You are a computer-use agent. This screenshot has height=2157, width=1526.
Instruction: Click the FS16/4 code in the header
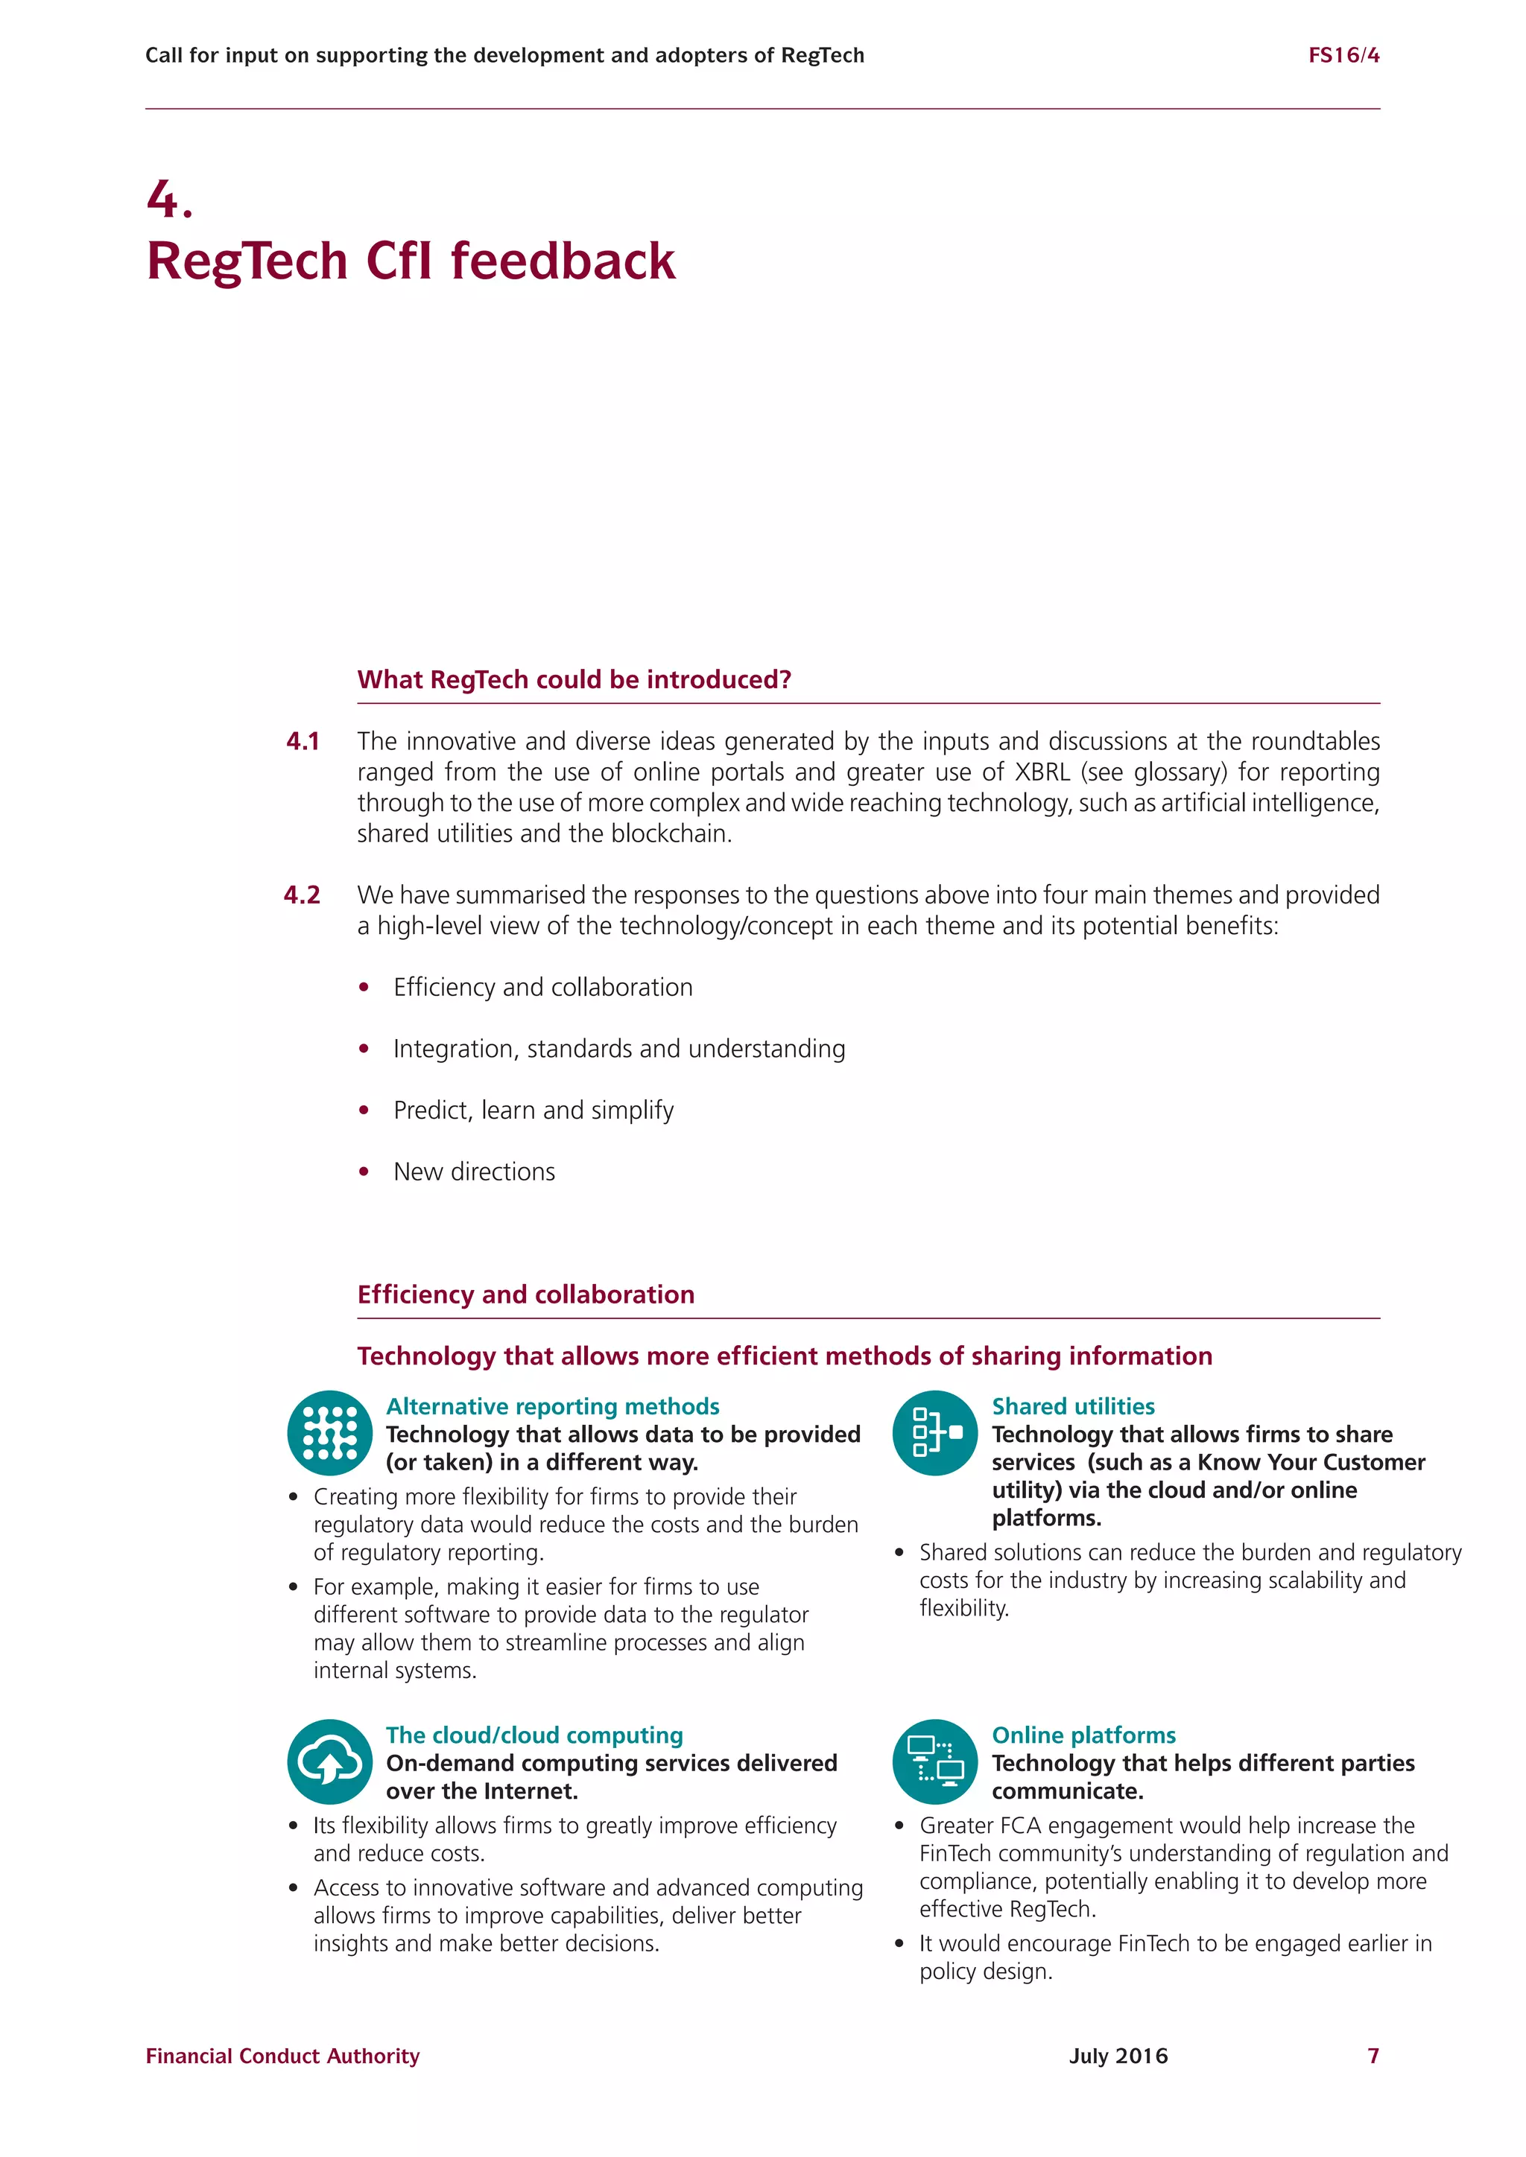[1343, 55]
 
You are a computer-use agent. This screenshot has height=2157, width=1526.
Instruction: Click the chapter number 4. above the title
[169, 200]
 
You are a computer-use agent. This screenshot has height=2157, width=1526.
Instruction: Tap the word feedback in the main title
[563, 261]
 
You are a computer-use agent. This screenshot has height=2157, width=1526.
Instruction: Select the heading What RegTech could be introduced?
[574, 679]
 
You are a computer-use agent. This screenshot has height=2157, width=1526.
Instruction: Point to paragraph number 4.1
[303, 741]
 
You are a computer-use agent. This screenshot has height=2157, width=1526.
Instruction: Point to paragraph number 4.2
[302, 895]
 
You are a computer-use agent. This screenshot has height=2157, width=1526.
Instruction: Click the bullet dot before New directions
[364, 1172]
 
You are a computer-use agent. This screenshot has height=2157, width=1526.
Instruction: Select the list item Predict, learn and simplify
[533, 1111]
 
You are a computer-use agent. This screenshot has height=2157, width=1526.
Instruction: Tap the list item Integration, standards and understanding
[618, 1049]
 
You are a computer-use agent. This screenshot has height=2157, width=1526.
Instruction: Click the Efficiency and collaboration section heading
[525, 1294]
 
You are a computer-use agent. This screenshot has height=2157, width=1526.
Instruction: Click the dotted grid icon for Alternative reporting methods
[330, 1433]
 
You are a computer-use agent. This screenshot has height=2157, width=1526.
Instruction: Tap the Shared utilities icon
[935, 1433]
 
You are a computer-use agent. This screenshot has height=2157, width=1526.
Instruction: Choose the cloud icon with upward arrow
[330, 1762]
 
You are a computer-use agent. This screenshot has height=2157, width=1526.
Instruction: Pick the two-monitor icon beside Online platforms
[935, 1762]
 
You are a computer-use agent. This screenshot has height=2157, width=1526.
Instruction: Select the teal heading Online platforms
[1083, 1735]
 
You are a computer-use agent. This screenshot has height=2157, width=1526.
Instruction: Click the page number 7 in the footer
[1373, 2056]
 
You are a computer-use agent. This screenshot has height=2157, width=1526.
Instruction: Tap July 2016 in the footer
[1118, 2056]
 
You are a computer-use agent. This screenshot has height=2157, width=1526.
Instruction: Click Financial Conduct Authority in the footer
[283, 2056]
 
